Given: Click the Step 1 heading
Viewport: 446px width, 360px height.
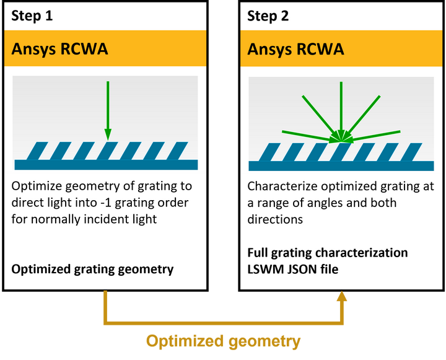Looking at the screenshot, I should pos(32,16).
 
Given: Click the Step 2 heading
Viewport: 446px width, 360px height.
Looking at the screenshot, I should pos(268,16).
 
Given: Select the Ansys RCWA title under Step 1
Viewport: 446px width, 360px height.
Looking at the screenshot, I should pos(59,49).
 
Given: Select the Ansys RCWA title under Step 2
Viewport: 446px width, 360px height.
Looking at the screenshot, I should pos(295,49).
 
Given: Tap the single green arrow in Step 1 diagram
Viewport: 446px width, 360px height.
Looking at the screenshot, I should pos(107,108).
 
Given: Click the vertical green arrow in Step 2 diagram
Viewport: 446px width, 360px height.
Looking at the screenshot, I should pos(341,108).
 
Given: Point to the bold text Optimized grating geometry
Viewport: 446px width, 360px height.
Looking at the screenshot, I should pos(93,269).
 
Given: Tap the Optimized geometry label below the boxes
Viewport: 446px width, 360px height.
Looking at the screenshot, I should pos(223,341).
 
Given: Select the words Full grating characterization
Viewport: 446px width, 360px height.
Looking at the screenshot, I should pos(327,253).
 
